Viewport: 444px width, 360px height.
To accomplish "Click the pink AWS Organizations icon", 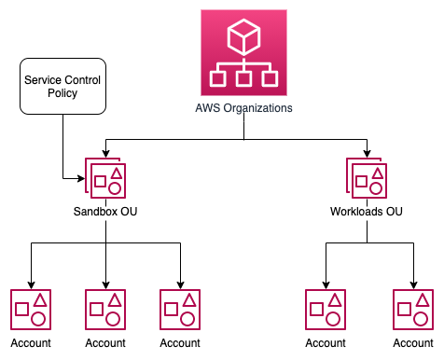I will point(244,51).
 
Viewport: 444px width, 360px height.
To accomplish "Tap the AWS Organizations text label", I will point(244,108).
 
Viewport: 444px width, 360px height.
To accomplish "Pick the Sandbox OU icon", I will point(105,177).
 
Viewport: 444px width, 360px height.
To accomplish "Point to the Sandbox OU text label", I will point(105,212).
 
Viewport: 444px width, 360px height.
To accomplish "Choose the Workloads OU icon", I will point(367,177).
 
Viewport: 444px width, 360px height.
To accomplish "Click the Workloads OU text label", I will point(367,212).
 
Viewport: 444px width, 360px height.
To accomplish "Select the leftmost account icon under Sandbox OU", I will point(30,309).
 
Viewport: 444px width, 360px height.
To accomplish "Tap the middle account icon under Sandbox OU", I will point(105,309).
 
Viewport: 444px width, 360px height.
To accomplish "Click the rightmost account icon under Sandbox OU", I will point(180,309).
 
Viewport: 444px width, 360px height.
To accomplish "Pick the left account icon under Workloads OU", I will point(326,309).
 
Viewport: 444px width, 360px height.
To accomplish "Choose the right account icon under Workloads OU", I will point(413,309).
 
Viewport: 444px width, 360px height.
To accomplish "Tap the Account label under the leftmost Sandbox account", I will point(30,343).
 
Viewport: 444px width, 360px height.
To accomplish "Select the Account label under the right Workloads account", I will point(413,343).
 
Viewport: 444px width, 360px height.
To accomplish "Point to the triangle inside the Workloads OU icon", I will point(377,173).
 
